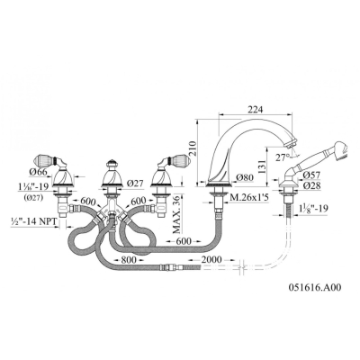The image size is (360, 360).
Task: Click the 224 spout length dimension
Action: tap(255, 110)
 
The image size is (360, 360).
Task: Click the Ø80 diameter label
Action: tap(245, 177)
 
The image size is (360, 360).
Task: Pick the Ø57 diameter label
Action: tap(311, 175)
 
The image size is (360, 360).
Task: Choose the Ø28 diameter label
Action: tap(311, 185)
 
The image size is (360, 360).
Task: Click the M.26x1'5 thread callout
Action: tap(247, 197)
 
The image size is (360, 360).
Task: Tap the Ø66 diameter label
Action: tap(39, 173)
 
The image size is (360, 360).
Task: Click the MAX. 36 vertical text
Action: tap(177, 214)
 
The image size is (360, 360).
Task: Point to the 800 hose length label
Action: tap(129, 259)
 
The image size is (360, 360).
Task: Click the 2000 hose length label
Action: tap(211, 259)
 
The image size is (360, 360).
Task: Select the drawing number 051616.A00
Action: tap(314, 287)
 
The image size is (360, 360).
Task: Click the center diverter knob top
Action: tap(112, 163)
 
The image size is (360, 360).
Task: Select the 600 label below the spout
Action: tap(184, 241)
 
